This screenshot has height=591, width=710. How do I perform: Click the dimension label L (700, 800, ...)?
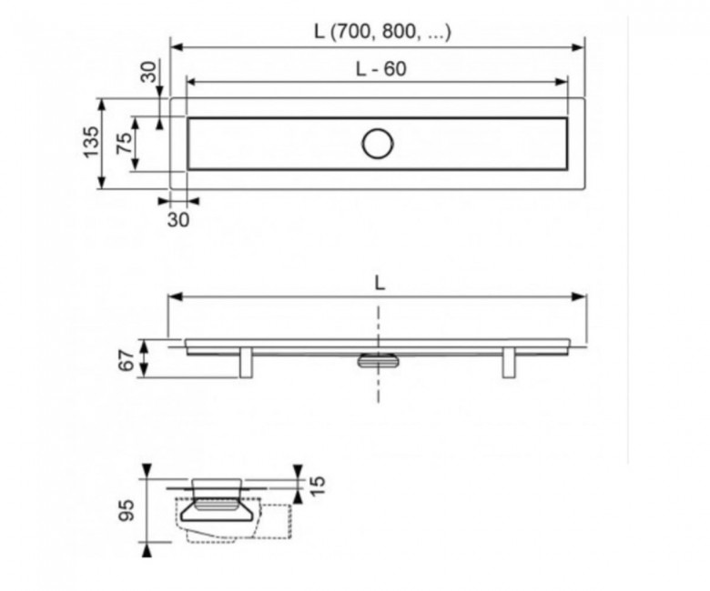(x=382, y=32)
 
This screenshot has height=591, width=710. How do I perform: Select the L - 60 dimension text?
(x=380, y=69)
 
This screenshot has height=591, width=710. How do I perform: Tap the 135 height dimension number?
(x=91, y=142)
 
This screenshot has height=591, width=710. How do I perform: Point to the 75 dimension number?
(x=125, y=143)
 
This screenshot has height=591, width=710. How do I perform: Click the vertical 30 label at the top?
(x=148, y=72)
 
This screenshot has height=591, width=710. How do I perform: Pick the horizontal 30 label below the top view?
(x=178, y=220)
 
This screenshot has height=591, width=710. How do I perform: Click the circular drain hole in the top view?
(x=378, y=144)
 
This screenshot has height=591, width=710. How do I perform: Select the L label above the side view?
(x=380, y=284)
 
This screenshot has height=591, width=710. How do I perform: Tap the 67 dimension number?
(x=127, y=360)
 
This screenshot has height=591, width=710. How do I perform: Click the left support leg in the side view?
(x=246, y=362)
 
